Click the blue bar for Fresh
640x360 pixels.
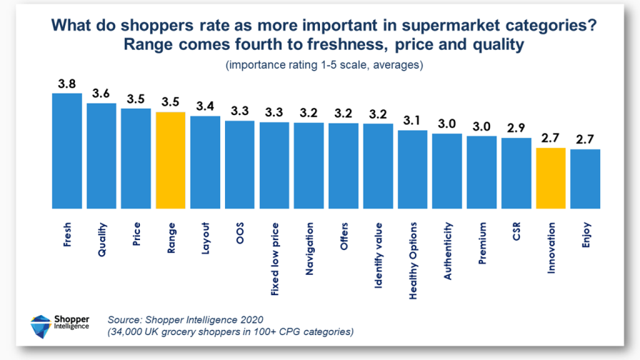pos(67,151)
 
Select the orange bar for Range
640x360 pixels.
pos(171,160)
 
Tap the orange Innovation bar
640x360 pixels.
pos(551,178)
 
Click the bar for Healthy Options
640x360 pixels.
pos(412,169)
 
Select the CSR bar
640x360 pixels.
pos(516,173)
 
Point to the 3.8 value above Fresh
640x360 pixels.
pos(67,84)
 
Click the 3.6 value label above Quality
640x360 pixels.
pos(101,94)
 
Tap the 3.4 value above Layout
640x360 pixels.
pos(205,106)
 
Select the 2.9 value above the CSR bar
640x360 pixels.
pos(516,129)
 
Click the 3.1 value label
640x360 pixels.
pos(412,121)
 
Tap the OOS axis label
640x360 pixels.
pos(240,234)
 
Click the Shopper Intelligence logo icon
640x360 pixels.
pos(40,326)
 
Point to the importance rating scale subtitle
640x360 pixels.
pos(324,65)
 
